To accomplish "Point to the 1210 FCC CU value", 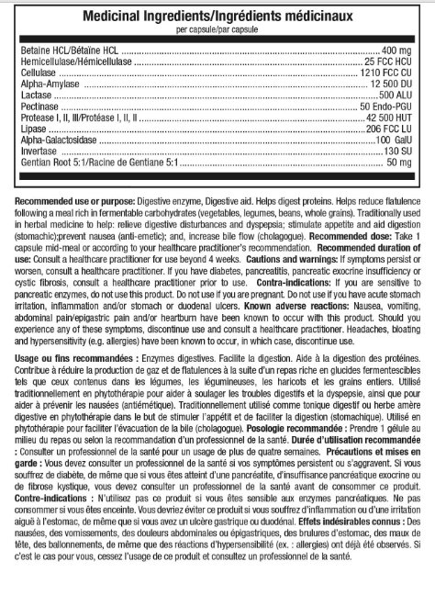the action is pos(385,72).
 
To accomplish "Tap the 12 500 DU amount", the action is pos(388,83).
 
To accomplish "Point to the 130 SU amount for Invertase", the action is pos(396,150).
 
